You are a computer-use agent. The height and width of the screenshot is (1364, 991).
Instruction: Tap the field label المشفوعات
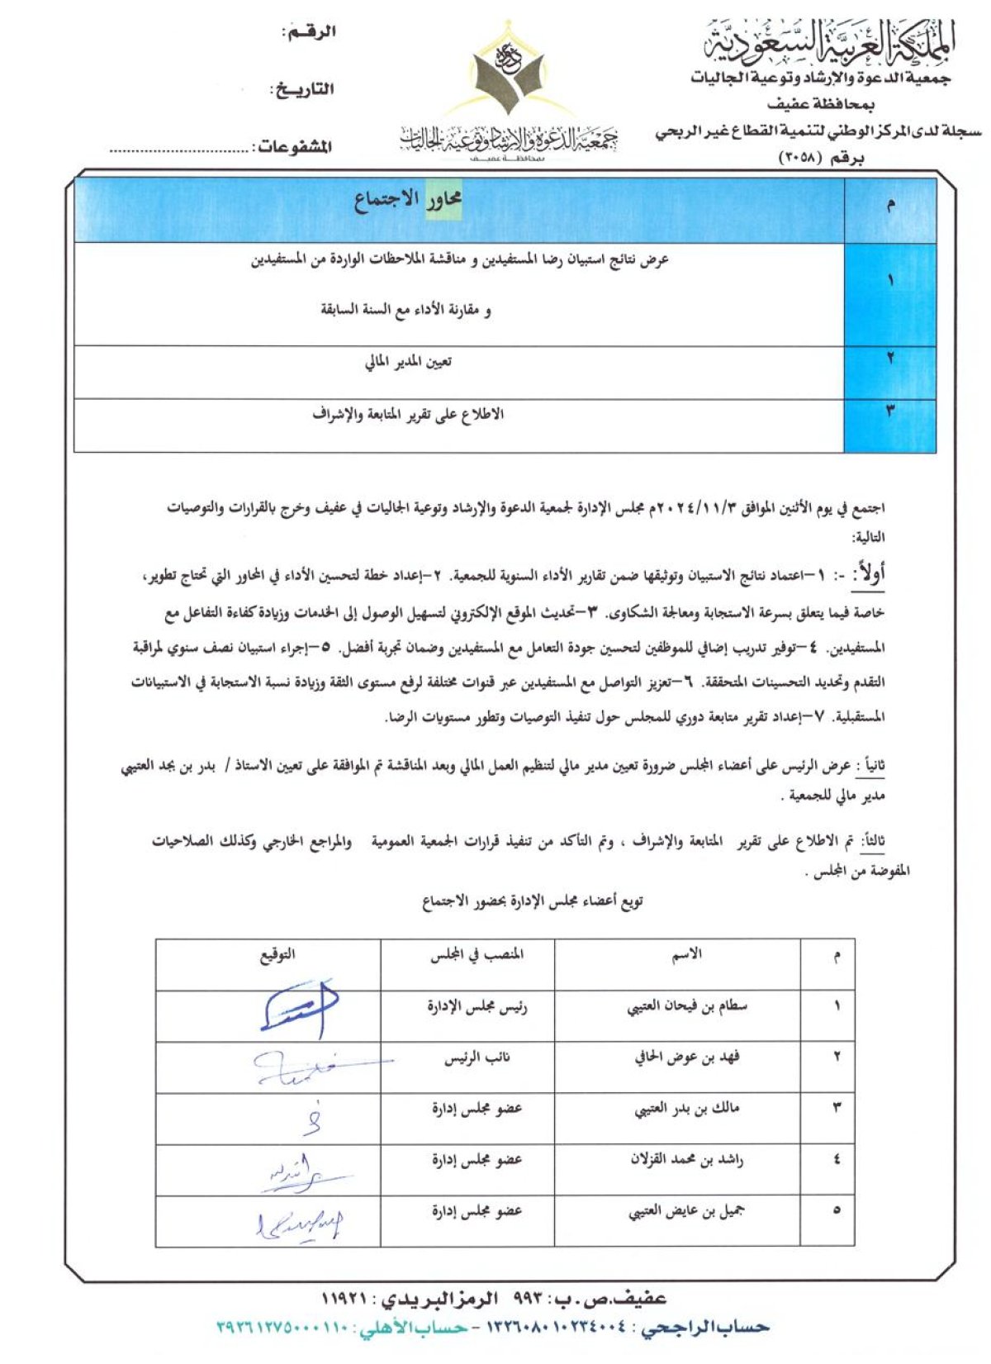(294, 147)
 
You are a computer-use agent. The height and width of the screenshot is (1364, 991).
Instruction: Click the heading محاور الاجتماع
(408, 199)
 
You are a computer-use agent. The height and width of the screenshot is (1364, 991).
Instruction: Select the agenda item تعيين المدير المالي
(408, 362)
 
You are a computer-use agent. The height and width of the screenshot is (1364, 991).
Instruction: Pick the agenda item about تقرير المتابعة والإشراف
(408, 414)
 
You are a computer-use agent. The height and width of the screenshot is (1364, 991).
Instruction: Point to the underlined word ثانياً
(870, 767)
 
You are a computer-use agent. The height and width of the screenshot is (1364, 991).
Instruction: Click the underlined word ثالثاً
(872, 841)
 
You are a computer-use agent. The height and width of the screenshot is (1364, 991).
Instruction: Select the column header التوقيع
(277, 955)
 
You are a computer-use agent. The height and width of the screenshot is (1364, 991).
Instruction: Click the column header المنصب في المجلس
(477, 955)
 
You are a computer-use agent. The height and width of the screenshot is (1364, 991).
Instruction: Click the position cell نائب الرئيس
(477, 1057)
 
